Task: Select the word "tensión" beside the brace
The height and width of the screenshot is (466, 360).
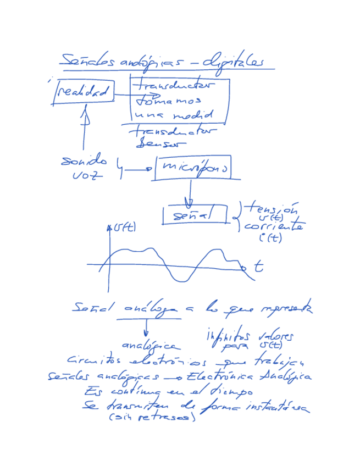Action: pos(271,209)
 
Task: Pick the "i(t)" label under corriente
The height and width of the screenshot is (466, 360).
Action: pos(270,238)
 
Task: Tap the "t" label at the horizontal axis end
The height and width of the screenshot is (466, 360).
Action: pos(258,268)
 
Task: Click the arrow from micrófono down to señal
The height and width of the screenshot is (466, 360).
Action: pos(190,192)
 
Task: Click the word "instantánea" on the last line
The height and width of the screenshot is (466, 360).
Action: pos(276,408)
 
